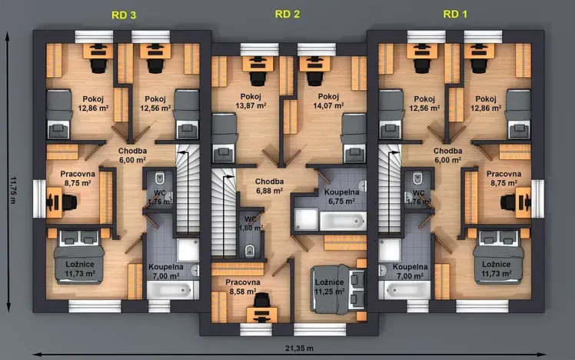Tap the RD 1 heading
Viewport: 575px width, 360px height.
455,14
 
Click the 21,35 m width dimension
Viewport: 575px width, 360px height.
304,348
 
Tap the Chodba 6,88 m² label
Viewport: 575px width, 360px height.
270,185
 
